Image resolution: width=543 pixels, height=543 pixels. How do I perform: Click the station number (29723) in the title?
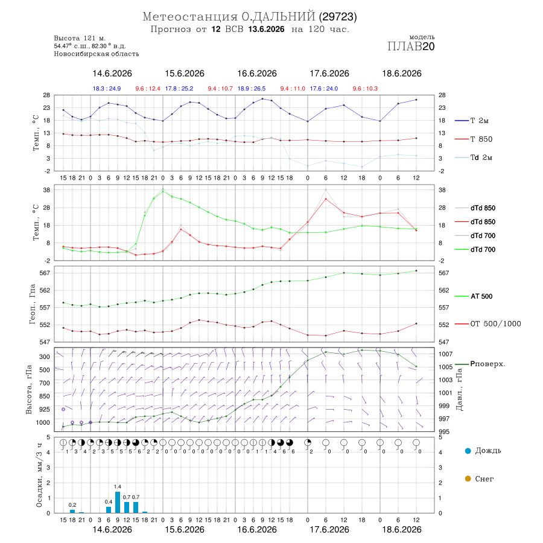click(338, 17)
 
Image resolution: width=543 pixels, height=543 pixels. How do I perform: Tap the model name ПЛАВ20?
click(411, 46)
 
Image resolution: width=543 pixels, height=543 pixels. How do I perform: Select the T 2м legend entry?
click(472, 121)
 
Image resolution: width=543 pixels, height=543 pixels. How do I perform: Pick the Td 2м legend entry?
click(474, 157)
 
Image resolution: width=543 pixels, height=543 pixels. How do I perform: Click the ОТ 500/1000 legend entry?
click(488, 324)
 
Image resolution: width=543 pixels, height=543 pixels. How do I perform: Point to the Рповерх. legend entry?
click(480, 364)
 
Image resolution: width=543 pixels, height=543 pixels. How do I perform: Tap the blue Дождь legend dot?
click(468, 451)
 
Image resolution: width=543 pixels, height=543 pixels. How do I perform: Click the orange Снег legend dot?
click(468, 478)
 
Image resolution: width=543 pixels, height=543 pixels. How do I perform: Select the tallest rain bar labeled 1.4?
click(118, 502)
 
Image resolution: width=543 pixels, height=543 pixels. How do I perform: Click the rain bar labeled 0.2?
click(72, 512)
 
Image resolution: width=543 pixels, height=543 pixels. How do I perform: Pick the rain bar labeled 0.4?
click(109, 510)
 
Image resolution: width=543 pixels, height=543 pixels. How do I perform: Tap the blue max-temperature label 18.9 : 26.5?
click(252, 89)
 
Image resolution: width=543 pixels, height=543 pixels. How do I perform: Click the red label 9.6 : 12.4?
click(148, 89)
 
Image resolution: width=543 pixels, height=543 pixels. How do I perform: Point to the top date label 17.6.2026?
click(329, 74)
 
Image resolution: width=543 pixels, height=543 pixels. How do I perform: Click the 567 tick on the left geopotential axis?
click(45, 273)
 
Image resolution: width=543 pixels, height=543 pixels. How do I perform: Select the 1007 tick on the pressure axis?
click(446, 354)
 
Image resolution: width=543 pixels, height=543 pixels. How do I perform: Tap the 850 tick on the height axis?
click(44, 396)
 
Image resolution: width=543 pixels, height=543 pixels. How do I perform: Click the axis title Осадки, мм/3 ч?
click(39, 475)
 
